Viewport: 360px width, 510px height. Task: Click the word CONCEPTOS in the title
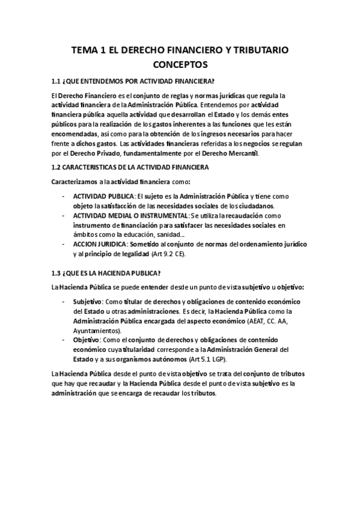pyautogui.click(x=180, y=64)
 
